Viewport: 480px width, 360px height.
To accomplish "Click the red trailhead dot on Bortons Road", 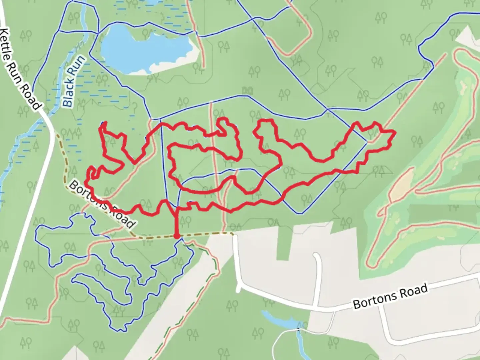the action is tap(177, 236).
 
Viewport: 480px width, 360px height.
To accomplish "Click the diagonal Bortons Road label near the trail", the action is tap(102, 204).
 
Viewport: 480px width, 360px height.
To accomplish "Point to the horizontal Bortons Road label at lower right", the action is tap(390, 296).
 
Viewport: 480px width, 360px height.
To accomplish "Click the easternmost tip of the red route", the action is tap(395, 133).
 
